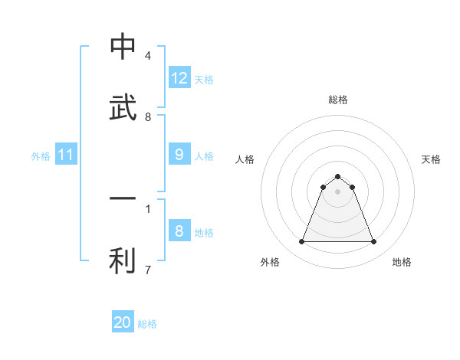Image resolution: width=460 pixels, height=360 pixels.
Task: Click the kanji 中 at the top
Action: (123, 47)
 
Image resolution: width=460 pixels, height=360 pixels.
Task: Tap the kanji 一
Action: (123, 198)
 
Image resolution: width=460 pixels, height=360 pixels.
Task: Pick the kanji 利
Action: (123, 260)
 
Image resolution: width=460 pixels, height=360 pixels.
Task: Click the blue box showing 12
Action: (179, 78)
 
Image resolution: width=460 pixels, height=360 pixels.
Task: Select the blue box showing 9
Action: (179, 155)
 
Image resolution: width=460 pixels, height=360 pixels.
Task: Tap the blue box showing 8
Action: (179, 231)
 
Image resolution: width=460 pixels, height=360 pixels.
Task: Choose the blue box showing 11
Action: (66, 155)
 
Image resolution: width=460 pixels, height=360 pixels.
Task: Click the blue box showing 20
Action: (123, 322)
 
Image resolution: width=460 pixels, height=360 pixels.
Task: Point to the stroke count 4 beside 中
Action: (148, 56)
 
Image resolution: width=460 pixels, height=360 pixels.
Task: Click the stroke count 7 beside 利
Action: (148, 270)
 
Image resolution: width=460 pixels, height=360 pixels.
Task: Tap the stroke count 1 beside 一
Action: (148, 208)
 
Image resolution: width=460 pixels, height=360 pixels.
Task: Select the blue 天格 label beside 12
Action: (204, 79)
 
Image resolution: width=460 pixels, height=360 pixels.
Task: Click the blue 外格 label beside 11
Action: (41, 155)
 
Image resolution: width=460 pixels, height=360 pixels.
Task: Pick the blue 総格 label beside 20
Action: (147, 323)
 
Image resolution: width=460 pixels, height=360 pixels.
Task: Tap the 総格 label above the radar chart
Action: (338, 100)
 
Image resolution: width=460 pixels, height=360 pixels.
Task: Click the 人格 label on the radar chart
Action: (245, 159)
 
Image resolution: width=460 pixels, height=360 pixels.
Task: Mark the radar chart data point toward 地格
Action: (374, 242)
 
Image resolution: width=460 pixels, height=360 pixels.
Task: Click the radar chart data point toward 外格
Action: (301, 242)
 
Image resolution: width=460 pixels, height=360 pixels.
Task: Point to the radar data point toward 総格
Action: (338, 176)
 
